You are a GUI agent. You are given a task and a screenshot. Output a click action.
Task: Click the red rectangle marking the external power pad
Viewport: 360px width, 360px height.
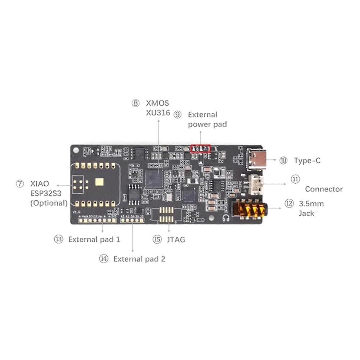coord(201,148)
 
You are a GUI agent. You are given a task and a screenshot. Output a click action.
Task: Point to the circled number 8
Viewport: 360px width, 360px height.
coord(135,103)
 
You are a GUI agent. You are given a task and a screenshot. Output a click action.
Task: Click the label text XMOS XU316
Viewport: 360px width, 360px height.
coord(158,108)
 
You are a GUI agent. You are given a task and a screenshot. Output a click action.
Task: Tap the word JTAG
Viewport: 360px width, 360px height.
coord(176,240)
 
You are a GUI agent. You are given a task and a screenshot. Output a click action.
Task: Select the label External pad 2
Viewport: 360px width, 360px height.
coord(139,259)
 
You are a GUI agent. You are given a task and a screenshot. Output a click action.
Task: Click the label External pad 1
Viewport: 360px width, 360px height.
coord(94,239)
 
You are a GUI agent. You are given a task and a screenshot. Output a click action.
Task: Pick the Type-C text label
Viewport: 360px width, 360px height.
coord(307,161)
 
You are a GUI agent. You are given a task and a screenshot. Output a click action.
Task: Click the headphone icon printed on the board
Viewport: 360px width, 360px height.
coord(226,218)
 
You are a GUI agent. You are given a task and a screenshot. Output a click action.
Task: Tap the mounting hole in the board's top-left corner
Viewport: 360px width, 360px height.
coord(76,149)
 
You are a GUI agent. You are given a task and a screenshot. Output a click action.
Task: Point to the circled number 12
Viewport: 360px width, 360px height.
coord(289,204)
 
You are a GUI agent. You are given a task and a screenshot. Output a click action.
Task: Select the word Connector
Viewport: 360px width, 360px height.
coord(324,189)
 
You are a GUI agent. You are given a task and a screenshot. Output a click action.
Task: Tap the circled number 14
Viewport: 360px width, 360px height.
coord(104,259)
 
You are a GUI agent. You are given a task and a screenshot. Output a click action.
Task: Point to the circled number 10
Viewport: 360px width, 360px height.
coord(283,160)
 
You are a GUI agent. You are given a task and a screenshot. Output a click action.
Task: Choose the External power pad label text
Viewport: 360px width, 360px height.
coord(207,119)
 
